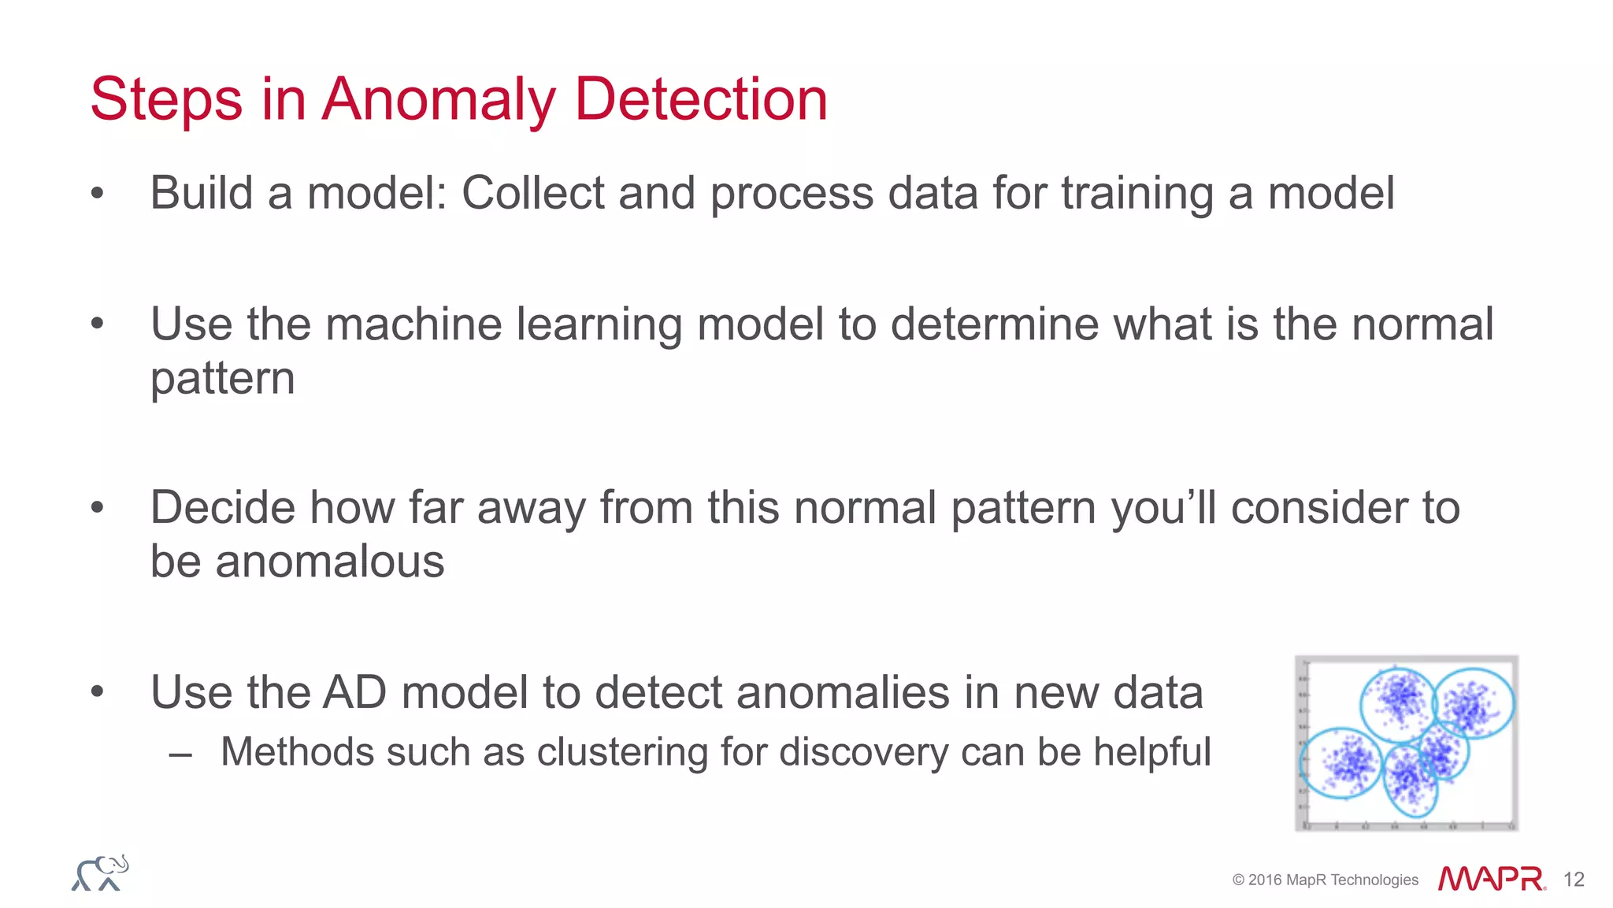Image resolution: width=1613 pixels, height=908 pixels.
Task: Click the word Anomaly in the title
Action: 438,100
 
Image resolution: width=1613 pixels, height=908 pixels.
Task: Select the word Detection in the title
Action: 701,99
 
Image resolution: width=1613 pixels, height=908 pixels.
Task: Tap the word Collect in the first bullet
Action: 532,193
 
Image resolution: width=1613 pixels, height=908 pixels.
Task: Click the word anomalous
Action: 329,562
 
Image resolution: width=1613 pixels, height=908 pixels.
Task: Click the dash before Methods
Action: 180,754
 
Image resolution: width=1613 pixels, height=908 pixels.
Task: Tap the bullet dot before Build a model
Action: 97,193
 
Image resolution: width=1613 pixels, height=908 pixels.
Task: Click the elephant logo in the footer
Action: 100,873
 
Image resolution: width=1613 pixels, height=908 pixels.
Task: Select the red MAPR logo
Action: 1491,879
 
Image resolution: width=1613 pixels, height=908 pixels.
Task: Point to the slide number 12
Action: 1574,880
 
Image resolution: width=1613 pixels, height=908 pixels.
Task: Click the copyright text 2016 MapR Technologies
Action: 1325,880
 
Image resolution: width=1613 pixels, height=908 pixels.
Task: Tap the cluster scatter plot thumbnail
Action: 1406,743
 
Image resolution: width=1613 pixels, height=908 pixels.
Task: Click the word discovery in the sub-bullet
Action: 863,752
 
